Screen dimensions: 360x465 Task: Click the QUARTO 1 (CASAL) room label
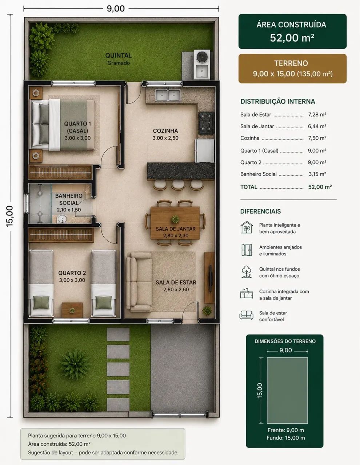click(x=77, y=127)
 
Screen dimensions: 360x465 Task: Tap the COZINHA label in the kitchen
click(x=165, y=131)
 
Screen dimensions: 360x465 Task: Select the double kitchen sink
click(x=168, y=95)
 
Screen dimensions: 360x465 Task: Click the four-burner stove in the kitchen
click(x=206, y=123)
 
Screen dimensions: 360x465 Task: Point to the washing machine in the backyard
click(x=202, y=57)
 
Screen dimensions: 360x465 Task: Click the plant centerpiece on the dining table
click(x=175, y=219)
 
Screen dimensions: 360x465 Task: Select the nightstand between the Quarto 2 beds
click(x=72, y=310)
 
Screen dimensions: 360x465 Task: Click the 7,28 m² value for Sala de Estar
click(x=317, y=115)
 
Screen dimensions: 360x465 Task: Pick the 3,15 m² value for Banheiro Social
click(x=317, y=174)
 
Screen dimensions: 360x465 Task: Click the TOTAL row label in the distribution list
click(x=249, y=187)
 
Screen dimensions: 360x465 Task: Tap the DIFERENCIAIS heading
click(x=260, y=211)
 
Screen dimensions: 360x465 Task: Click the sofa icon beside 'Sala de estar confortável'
click(x=246, y=315)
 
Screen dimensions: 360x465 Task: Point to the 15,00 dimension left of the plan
click(x=10, y=216)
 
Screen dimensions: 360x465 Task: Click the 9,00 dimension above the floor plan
click(x=116, y=9)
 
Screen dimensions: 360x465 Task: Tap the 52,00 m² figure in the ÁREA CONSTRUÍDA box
click(x=292, y=38)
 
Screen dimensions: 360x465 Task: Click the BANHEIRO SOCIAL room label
click(x=69, y=199)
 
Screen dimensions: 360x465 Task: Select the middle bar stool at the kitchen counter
click(x=178, y=185)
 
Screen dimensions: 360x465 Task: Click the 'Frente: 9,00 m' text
click(x=286, y=430)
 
